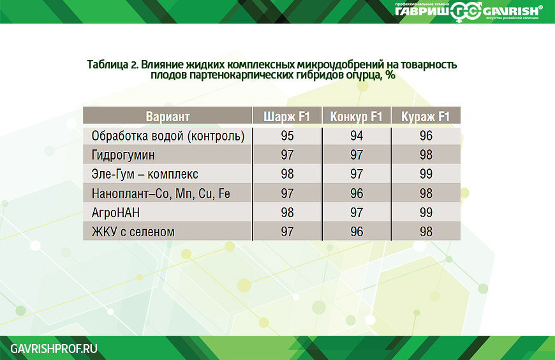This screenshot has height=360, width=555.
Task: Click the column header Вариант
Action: pyautogui.click(x=168, y=117)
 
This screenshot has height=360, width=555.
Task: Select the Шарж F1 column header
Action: pyautogui.click(x=286, y=117)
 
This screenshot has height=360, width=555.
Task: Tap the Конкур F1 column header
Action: pyautogui.click(x=356, y=117)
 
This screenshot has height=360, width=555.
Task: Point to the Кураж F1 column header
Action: pyautogui.click(x=425, y=117)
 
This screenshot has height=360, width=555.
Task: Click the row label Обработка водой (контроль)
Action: pyautogui.click(x=168, y=136)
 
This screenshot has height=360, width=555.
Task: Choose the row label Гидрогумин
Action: pyautogui.click(x=123, y=155)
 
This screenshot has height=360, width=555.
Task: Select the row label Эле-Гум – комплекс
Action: pyautogui.click(x=145, y=174)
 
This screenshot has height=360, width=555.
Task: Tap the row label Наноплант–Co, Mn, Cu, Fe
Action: pyautogui.click(x=161, y=193)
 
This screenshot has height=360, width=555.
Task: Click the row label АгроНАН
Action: pyautogui.click(x=115, y=213)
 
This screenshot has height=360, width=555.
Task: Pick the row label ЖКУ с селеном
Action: pyautogui.click(x=133, y=232)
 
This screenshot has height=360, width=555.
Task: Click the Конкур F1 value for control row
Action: pyautogui.click(x=357, y=136)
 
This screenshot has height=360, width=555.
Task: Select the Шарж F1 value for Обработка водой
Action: pyautogui.click(x=287, y=136)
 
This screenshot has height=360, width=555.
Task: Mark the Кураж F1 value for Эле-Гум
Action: pyautogui.click(x=426, y=174)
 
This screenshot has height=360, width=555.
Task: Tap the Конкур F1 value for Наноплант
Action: pyautogui.click(x=357, y=193)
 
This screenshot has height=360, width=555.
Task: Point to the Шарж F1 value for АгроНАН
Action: pyautogui.click(x=287, y=213)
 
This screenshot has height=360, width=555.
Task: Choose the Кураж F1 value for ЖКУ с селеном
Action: pyautogui.click(x=426, y=232)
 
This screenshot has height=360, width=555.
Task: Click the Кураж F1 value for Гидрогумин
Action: pyautogui.click(x=426, y=155)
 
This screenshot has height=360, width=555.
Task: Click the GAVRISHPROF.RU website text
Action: pyautogui.click(x=54, y=349)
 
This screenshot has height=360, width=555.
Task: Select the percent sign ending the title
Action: pyautogui.click(x=390, y=75)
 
